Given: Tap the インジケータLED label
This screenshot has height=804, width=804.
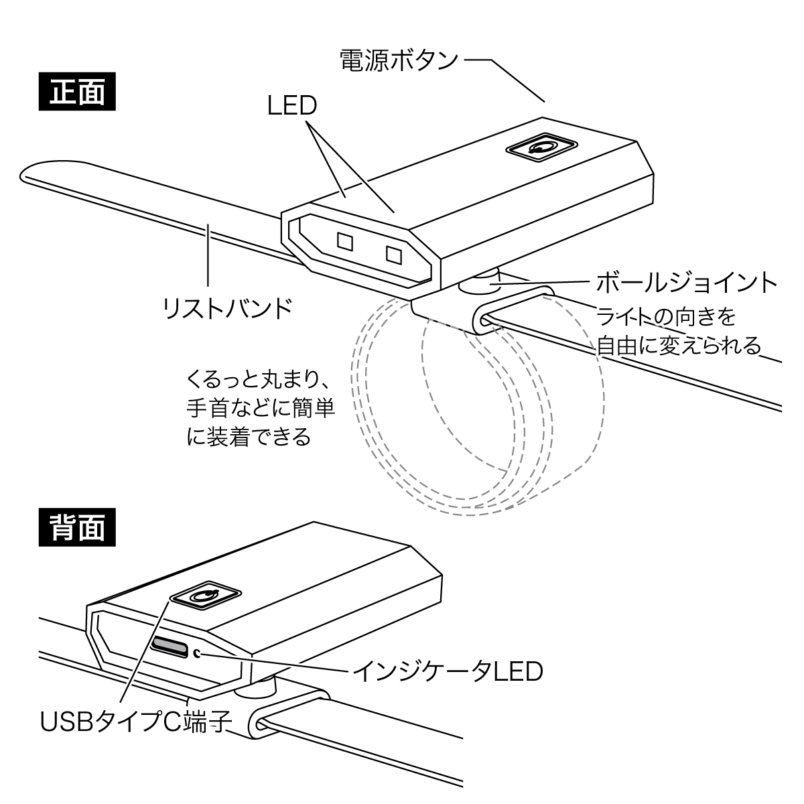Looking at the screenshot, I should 448,671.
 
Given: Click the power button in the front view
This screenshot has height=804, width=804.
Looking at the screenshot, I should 541,148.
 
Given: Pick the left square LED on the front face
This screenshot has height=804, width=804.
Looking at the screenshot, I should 346,241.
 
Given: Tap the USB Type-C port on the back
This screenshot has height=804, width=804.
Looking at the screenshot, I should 170,645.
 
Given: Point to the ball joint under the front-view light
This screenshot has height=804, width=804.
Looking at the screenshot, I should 480,284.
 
